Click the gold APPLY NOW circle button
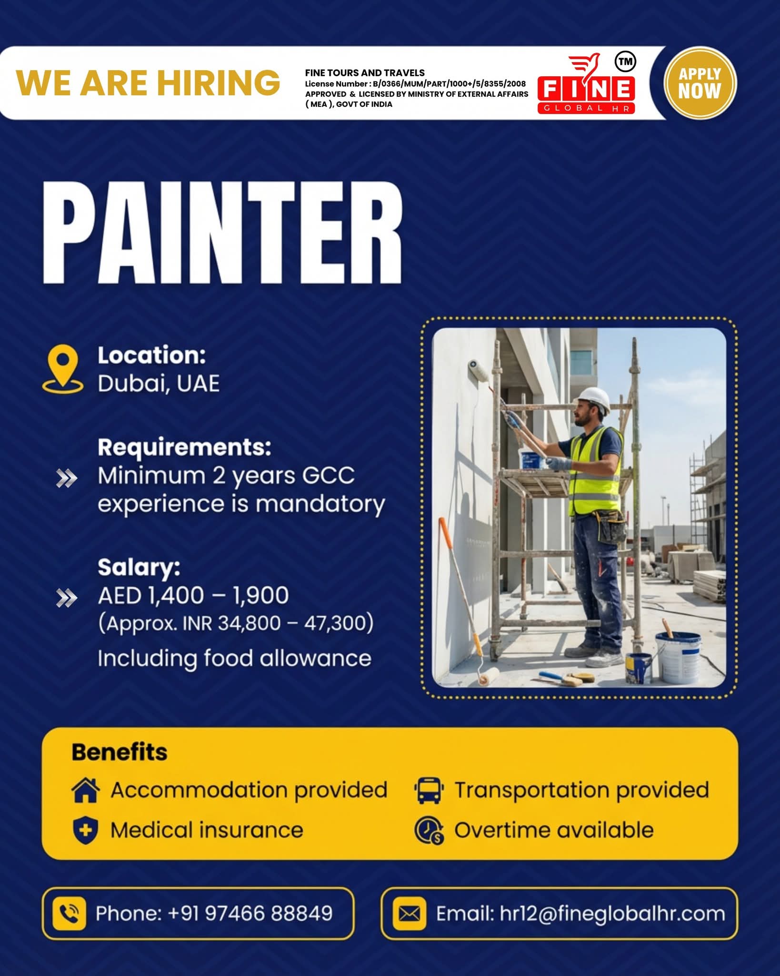pos(700,82)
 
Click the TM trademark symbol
pos(626,61)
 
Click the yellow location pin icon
pos(62,369)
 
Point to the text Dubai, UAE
pos(159,384)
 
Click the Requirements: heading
pos(184,447)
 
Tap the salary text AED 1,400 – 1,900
pos(193,595)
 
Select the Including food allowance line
pos(234,658)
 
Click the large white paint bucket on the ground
pos(678,657)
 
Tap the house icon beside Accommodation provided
pos(86,790)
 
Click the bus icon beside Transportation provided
pos(429,791)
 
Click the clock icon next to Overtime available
pos(429,831)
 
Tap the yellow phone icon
pos(69,914)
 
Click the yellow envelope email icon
pos(409,914)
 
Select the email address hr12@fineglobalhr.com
pos(612,914)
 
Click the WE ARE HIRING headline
pos(148,82)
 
